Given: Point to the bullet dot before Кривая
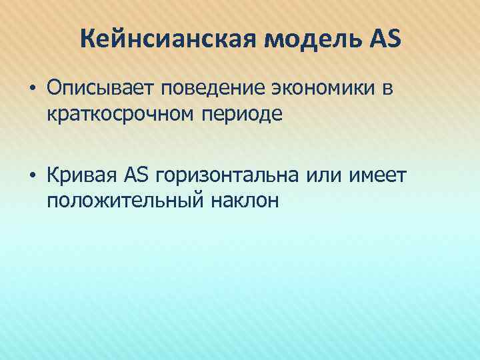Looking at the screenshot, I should pyautogui.click(x=32, y=175).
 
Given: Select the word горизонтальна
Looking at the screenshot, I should pyautogui.click(x=227, y=175).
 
